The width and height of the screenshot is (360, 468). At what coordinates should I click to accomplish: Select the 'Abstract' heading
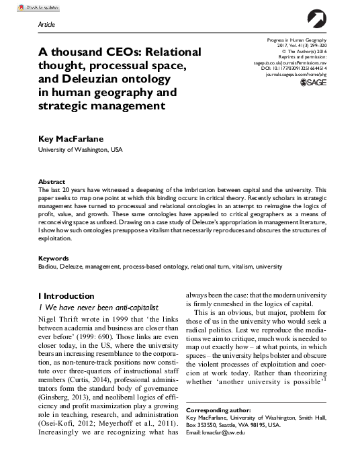point(52,182)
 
